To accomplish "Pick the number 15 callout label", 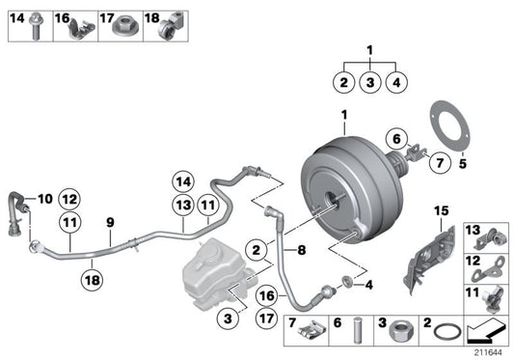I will pyautogui.click(x=442, y=210).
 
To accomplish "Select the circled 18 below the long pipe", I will pyautogui.click(x=90, y=281).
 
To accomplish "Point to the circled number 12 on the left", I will pyautogui.click(x=69, y=199).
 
